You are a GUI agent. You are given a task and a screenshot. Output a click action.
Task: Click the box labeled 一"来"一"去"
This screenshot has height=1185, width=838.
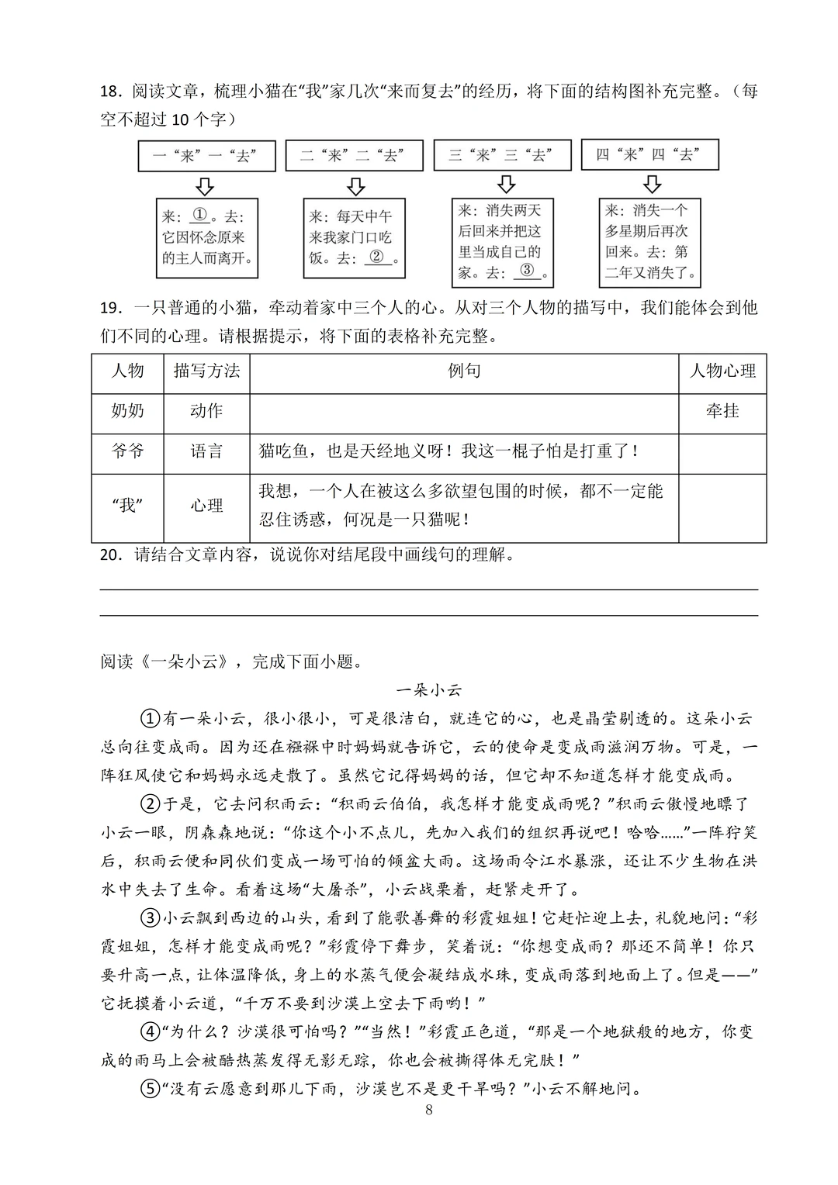tap(206, 156)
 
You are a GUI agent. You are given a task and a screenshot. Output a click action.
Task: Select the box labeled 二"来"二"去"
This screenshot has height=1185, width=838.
tap(354, 156)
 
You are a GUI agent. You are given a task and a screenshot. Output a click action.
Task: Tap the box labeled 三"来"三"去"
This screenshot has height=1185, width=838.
tap(502, 155)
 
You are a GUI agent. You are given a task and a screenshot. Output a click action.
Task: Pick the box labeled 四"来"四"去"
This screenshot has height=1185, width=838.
tap(649, 154)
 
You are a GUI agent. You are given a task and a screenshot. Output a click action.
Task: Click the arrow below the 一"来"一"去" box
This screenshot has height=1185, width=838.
tap(205, 186)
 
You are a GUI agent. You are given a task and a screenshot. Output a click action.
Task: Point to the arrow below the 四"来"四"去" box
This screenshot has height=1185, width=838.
tap(653, 184)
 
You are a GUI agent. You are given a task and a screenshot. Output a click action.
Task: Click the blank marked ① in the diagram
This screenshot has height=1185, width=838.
tap(200, 216)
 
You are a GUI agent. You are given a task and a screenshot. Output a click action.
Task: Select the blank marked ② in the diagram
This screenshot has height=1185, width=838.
tap(377, 257)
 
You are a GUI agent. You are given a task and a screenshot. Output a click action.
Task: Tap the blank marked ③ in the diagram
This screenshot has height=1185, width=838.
tap(527, 271)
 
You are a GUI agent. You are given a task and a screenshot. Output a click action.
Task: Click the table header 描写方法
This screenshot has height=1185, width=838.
tap(206, 371)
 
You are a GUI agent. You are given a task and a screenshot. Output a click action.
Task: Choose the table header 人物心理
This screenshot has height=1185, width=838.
tap(722, 371)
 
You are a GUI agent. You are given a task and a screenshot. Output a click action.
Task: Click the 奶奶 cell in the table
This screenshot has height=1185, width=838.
tap(127, 411)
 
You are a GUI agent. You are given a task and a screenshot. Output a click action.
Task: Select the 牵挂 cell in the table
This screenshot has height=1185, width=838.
tap(722, 411)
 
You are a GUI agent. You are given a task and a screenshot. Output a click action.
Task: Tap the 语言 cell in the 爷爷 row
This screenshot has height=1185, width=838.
tap(206, 451)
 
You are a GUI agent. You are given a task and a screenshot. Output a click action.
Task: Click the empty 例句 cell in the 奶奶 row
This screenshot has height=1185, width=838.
tap(464, 412)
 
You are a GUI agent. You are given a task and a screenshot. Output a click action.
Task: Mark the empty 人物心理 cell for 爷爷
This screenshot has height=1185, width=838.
tap(722, 452)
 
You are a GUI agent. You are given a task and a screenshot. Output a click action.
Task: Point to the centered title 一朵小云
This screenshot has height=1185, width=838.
tap(429, 689)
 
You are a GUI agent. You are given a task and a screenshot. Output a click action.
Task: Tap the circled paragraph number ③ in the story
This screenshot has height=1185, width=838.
tap(150, 918)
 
